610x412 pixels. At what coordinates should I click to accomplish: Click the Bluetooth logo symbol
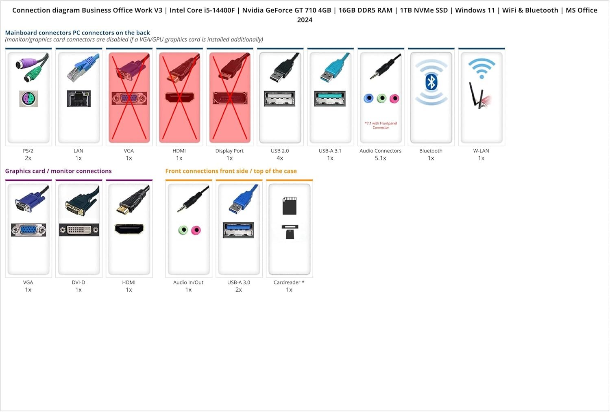coord(431,82)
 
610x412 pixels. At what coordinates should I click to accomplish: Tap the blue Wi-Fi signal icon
coord(481,68)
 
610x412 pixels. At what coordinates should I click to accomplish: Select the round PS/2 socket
coord(28,98)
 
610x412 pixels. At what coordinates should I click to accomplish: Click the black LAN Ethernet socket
coord(79,98)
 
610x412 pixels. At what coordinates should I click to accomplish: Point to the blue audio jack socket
coord(368,98)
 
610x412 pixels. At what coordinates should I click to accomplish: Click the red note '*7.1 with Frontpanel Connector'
coord(381,125)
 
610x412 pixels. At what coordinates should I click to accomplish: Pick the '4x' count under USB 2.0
coord(280,158)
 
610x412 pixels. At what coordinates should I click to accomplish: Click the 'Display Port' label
coord(229,151)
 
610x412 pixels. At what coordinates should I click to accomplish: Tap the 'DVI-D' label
coord(78,282)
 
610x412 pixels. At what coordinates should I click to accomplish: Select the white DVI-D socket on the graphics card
coord(79,230)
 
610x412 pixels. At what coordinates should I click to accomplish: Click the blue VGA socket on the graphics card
coord(28,230)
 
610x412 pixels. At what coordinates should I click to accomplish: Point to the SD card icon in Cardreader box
coord(289,206)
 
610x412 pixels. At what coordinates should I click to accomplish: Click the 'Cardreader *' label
coord(289,282)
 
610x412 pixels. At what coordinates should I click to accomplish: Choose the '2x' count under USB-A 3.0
coord(239,290)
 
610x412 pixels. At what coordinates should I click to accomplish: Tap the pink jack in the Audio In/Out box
coord(196,230)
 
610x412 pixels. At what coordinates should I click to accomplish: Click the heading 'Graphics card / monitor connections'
coord(58,171)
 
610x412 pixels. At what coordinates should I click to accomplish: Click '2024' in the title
coord(305,20)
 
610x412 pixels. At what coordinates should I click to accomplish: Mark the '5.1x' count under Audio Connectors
coord(380,158)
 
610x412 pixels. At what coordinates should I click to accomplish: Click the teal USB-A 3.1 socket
coord(330,98)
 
